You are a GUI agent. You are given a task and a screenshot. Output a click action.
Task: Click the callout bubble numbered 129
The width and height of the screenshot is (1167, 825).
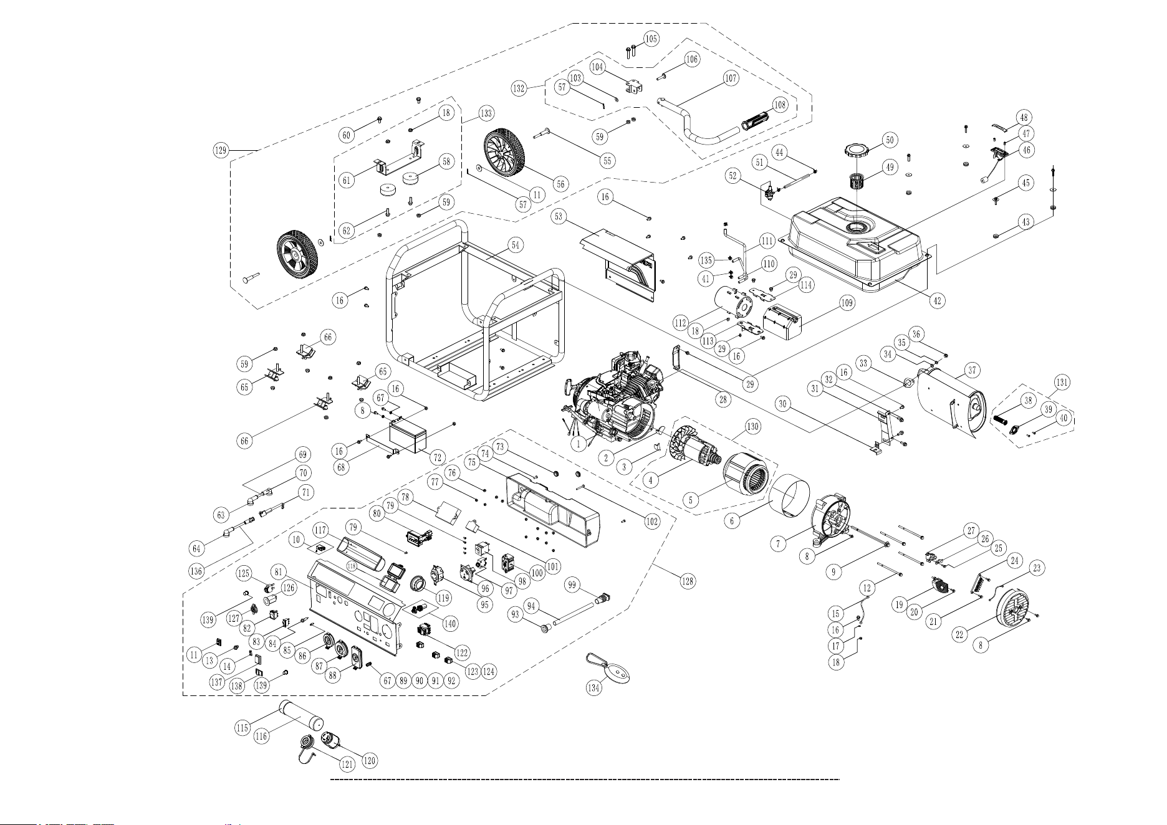219,150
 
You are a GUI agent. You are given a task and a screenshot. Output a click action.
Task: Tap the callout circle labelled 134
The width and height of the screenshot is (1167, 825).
594,687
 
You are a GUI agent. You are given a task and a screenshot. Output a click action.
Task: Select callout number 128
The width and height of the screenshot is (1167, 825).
686,581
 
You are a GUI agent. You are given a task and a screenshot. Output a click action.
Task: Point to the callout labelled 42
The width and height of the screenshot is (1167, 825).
936,300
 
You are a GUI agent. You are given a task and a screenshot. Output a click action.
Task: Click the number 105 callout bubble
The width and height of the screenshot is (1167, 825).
651,39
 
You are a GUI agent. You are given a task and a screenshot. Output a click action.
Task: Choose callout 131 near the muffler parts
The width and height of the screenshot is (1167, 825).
1062,381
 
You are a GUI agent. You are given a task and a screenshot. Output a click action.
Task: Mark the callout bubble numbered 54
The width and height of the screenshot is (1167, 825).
514,245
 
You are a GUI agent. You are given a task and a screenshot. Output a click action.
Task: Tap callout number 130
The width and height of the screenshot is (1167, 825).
753,427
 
